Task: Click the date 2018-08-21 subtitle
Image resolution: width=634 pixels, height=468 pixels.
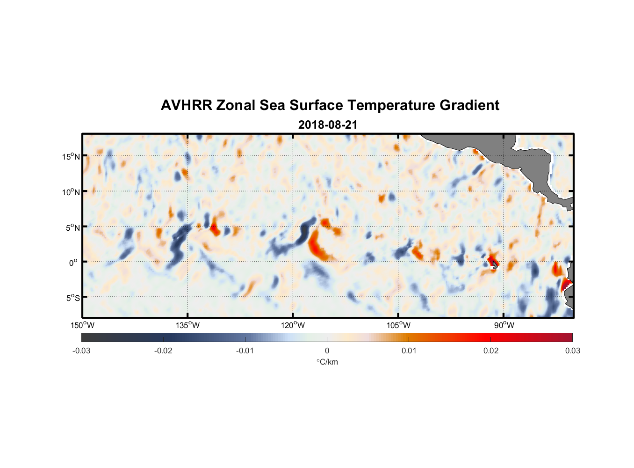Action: coord(328,125)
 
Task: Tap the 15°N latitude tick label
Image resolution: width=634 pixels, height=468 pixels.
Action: coord(71,156)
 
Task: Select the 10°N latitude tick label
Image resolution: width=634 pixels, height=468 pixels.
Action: coord(71,192)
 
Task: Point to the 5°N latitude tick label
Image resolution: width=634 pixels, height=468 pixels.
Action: coord(72,227)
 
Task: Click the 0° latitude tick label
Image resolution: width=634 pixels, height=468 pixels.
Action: coord(73,263)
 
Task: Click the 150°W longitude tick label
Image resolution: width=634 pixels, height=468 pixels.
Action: coord(83,325)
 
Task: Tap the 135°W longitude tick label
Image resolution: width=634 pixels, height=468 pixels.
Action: coord(188,325)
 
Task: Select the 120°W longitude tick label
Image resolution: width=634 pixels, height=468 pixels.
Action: coord(293,325)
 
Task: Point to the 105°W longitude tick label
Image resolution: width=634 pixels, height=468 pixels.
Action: coord(398,325)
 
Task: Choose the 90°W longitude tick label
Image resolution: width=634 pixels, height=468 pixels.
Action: coord(504,325)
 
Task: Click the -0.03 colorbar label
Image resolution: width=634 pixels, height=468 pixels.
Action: coord(81,351)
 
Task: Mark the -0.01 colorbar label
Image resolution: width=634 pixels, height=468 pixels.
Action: coord(245,351)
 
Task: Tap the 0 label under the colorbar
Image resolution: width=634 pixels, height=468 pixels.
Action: coord(327,351)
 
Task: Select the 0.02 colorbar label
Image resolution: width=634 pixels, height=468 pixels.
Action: coord(491,351)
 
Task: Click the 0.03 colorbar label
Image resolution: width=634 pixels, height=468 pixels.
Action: coord(572,351)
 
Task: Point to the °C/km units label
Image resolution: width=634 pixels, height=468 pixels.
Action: coord(327,362)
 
